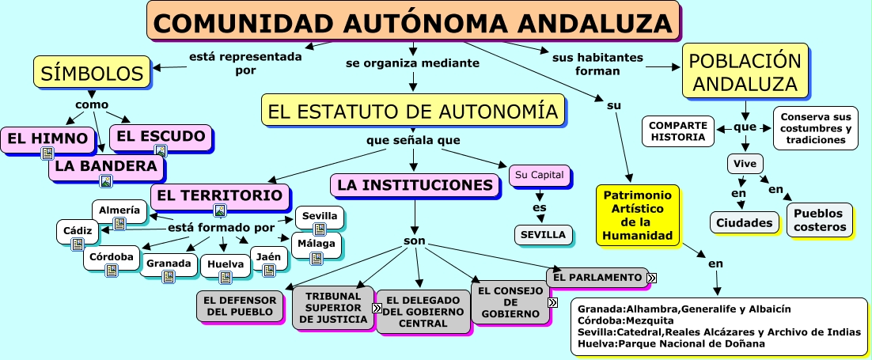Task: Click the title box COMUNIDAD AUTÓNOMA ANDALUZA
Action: (x=413, y=22)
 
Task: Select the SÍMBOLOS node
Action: (x=92, y=74)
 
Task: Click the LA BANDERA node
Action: (x=106, y=166)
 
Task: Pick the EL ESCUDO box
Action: (x=161, y=136)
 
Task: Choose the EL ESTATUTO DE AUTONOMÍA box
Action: (x=414, y=112)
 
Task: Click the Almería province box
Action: (x=120, y=210)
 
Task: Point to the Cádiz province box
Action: (x=77, y=230)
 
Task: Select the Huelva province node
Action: (x=225, y=263)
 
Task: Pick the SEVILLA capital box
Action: (x=544, y=235)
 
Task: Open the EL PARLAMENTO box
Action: (x=597, y=277)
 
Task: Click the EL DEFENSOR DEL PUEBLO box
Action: (x=240, y=306)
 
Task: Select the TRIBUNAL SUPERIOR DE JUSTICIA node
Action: (x=332, y=307)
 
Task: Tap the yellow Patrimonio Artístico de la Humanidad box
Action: (x=637, y=215)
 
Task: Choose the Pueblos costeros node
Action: (x=819, y=221)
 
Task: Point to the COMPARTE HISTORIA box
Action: (x=677, y=131)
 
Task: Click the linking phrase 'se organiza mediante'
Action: (x=412, y=63)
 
